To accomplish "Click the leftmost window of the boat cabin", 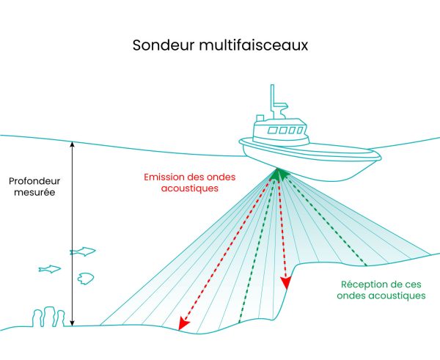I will pyautogui.click(x=271, y=131).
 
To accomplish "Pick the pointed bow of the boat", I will pyautogui.click(x=377, y=155).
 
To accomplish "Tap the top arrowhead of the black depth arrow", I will pyautogui.click(x=72, y=144).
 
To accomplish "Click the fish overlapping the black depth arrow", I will pyautogui.click(x=83, y=251).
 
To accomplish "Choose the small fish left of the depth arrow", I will pyautogui.click(x=50, y=269).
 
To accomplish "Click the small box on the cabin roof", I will pyautogui.click(x=260, y=118).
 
